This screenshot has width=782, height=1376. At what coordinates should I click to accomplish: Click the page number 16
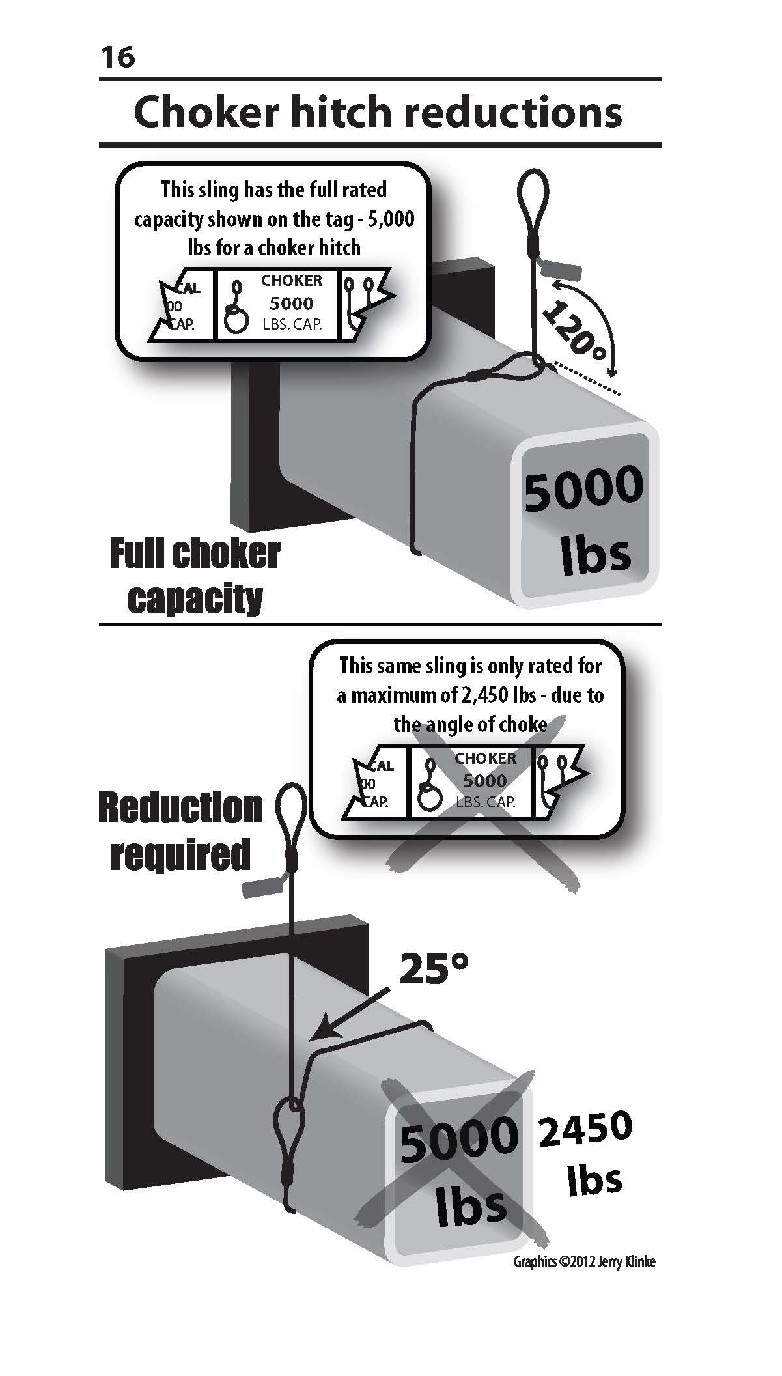[117, 57]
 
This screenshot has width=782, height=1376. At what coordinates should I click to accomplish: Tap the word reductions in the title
[512, 112]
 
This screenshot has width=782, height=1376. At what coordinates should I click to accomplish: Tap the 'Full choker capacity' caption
[195, 576]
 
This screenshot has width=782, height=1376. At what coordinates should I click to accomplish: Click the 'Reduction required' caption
[180, 830]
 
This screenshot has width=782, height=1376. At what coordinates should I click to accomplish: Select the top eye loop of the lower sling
[290, 813]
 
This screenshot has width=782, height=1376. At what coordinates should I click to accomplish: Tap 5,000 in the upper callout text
[393, 219]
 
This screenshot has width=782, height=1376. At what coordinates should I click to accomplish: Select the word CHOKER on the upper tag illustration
[291, 281]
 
